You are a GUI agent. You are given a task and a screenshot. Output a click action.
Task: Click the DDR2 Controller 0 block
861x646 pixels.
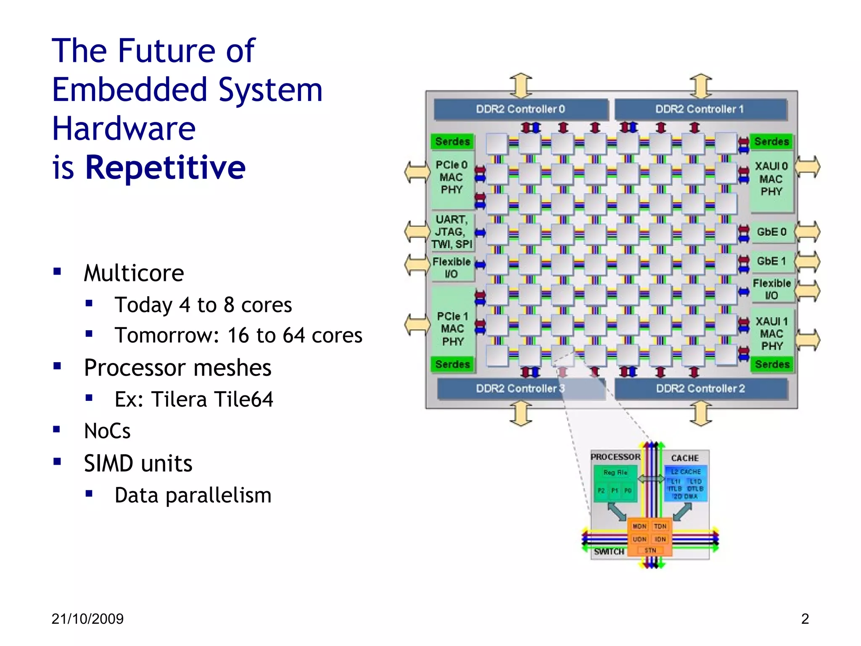[520, 109]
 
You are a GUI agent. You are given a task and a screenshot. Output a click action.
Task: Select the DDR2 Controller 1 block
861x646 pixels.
[700, 109]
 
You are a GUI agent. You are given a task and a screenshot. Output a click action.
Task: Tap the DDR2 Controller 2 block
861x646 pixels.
[701, 389]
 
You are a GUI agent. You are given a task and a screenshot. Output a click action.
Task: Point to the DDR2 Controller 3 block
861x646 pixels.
[520, 389]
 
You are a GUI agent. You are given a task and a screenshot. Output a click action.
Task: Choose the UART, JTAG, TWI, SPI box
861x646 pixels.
[452, 232]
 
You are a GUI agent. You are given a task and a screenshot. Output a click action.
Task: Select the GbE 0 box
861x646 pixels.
[771, 232]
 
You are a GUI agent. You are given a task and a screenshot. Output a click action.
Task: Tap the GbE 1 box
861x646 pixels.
[771, 261]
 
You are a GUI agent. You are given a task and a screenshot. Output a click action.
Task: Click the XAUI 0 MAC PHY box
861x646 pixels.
[771, 179]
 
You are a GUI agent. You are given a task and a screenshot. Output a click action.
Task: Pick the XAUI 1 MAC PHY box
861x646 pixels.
[772, 334]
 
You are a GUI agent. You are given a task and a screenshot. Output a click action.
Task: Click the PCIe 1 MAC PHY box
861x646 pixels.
[453, 329]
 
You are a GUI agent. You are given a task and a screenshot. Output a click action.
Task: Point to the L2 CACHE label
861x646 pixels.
[686, 472]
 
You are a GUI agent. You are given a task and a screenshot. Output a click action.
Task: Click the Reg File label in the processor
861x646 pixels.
[615, 473]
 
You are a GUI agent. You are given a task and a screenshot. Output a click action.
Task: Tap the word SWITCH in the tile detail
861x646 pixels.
[609, 552]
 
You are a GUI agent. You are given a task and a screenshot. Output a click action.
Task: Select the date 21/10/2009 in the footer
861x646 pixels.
[87, 619]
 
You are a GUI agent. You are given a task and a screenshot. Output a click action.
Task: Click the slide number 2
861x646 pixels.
[805, 619]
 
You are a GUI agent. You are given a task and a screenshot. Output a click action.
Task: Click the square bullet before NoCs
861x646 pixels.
[57, 429]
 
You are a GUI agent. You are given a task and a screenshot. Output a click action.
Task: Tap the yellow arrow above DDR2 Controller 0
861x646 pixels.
[521, 85]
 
